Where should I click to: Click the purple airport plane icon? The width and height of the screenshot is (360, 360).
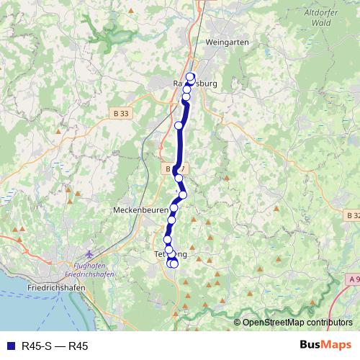tap(89, 254)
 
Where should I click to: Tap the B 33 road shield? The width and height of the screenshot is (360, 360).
tap(122, 114)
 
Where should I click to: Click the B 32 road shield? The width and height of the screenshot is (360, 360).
tap(351, 215)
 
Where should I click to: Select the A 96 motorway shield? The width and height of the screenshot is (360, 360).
tap(352, 279)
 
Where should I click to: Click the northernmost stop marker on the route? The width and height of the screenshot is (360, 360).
tap(191, 77)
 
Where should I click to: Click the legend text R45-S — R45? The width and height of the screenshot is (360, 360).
tap(55, 346)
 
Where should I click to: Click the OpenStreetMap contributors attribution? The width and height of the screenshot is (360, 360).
tap(297, 323)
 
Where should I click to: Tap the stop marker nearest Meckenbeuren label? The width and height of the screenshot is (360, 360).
tap(174, 208)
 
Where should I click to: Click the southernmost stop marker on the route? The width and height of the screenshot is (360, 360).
tap(174, 264)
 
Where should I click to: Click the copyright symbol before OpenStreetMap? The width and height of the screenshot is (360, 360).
tap(238, 323)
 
